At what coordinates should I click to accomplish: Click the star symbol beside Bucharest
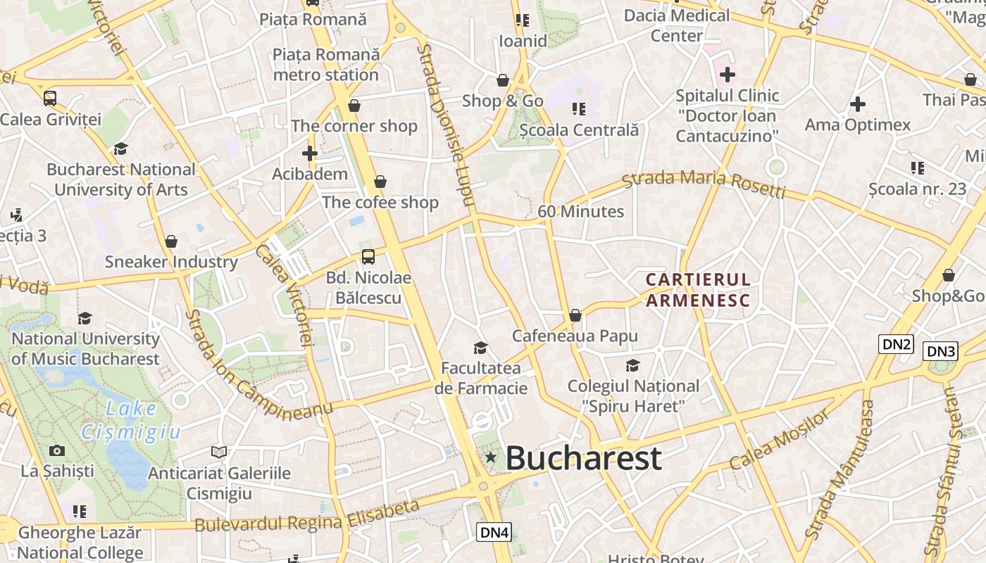coord(491,458)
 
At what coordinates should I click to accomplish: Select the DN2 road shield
coord(897,344)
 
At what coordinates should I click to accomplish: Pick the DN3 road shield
coord(940,351)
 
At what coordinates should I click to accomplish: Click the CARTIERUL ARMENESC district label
coord(698,290)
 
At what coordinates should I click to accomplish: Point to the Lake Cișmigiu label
coord(131,420)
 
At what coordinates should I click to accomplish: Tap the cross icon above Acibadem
coord(309,153)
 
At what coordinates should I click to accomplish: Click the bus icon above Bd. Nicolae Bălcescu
coord(368,256)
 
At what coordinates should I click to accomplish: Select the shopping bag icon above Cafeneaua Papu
coord(575,315)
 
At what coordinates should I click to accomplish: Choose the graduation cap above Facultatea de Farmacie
coord(481,348)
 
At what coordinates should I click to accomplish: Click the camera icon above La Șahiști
coord(57,450)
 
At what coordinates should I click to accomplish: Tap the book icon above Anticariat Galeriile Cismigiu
coord(219,452)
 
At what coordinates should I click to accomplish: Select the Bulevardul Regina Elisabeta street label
coord(307,517)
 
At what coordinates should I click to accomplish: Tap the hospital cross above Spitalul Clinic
coord(727,74)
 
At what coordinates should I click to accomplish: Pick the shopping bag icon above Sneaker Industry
coord(171,241)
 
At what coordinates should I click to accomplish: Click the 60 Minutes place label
coord(580,211)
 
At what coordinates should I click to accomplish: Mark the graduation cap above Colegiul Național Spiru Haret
coord(632,365)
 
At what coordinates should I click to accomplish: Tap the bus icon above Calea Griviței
coord(50,99)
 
